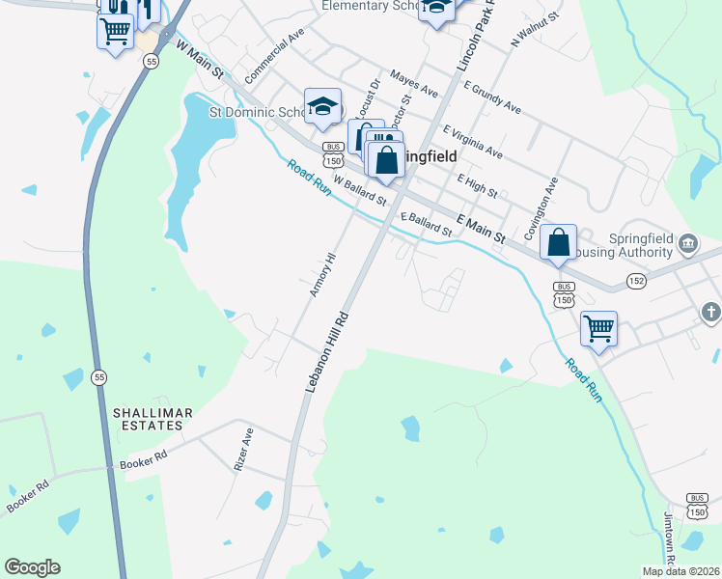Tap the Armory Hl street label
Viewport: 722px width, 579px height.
click(322, 275)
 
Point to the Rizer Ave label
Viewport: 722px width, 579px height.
click(243, 449)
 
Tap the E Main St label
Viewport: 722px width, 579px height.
click(481, 229)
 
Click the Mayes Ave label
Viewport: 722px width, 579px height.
click(414, 83)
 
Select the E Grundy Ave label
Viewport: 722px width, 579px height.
click(492, 98)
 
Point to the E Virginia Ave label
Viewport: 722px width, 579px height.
click(473, 142)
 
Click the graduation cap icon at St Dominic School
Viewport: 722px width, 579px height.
click(322, 105)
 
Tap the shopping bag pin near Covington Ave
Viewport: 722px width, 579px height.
click(559, 242)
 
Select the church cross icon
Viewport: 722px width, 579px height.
click(710, 313)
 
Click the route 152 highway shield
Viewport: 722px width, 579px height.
click(635, 279)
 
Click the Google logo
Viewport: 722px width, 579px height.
click(32, 567)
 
